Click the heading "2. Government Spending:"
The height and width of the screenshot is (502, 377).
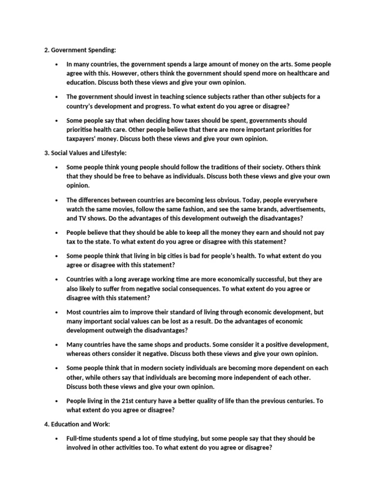point(78,50)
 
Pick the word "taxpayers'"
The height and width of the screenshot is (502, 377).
point(83,139)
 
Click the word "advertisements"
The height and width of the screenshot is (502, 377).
point(300,209)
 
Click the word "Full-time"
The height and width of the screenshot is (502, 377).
point(81,438)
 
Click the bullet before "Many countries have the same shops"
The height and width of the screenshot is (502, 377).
point(57,345)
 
